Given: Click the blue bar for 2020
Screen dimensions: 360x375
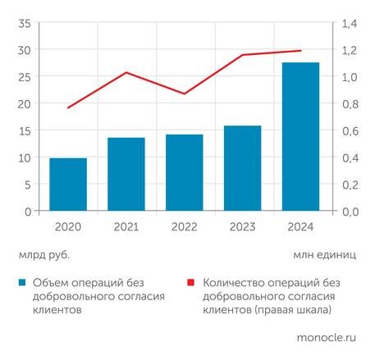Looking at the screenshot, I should pos(68,185).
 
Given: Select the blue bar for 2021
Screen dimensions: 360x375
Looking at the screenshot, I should pos(126,175).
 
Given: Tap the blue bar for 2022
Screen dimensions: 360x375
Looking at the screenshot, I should pos(185,173).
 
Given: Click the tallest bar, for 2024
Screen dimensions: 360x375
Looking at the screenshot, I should pos(300,137).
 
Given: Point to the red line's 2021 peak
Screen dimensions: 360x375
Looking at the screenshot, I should pos(126,72).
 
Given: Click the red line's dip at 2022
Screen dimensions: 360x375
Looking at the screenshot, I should pos(185,93).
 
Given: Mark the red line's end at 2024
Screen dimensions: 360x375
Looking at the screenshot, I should pos(300,51).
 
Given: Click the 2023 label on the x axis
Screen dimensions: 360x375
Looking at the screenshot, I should pos(242,226).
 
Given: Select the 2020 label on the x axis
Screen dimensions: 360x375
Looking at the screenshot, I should pos(68,226).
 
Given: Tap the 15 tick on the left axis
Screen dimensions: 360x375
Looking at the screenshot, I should pos(24,130).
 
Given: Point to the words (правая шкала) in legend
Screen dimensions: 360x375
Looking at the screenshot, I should pos(287,311).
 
